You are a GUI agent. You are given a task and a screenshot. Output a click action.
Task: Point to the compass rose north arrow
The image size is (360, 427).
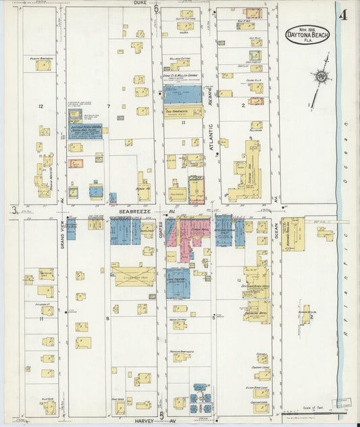(321, 76)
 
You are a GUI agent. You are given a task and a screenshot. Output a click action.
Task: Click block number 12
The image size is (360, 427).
(41, 107)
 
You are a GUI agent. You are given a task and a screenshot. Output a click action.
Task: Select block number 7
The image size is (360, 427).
(108, 107)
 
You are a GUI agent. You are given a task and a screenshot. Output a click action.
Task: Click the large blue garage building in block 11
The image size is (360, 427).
(182, 94)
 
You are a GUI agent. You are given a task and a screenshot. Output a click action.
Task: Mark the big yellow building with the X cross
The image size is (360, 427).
(134, 275)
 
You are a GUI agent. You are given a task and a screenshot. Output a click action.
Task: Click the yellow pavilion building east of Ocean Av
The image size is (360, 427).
(293, 234)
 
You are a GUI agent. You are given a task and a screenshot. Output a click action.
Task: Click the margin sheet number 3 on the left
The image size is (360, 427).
(13, 211)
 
